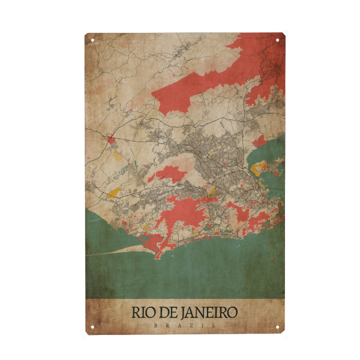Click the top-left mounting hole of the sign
(92, 40)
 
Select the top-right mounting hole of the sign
(278, 40)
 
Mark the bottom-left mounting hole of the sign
(92, 327)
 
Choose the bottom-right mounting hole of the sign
(278, 327)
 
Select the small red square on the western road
(110, 141)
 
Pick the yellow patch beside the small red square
(118, 154)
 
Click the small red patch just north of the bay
(259, 141)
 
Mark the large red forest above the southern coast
(186, 213)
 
